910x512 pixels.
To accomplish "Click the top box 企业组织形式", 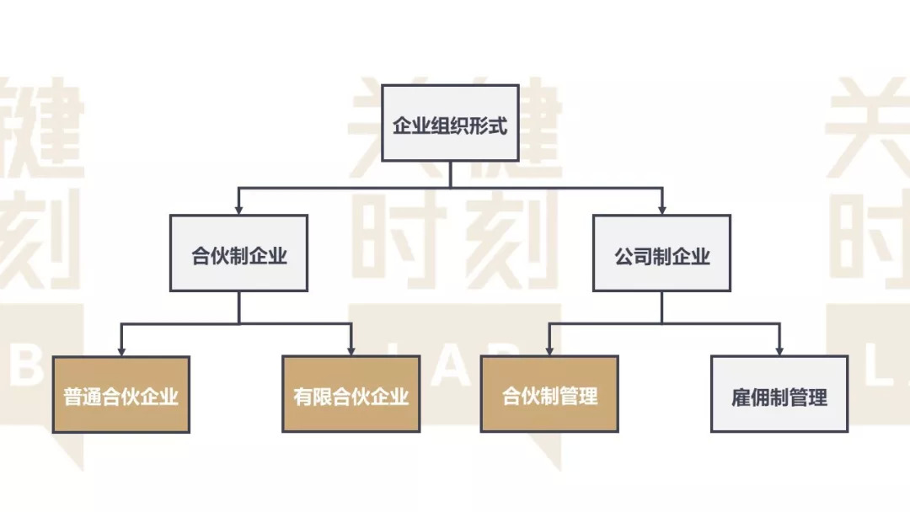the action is click(x=450, y=123).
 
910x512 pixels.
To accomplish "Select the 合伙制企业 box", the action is click(x=239, y=253).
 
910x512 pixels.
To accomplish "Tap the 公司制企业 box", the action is click(x=661, y=253).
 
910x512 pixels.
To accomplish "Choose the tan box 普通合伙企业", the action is click(x=121, y=394).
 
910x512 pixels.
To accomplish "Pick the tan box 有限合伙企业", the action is click(x=351, y=394).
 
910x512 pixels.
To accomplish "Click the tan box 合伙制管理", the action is click(x=549, y=394).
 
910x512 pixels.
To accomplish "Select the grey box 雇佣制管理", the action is click(x=779, y=394).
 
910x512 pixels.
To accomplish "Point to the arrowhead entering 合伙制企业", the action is click(x=239, y=207).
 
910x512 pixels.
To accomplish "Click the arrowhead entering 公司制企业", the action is click(x=661, y=207).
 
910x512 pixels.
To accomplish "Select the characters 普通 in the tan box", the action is click(x=83, y=397).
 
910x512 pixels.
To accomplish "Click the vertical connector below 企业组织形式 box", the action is click(x=450, y=173).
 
